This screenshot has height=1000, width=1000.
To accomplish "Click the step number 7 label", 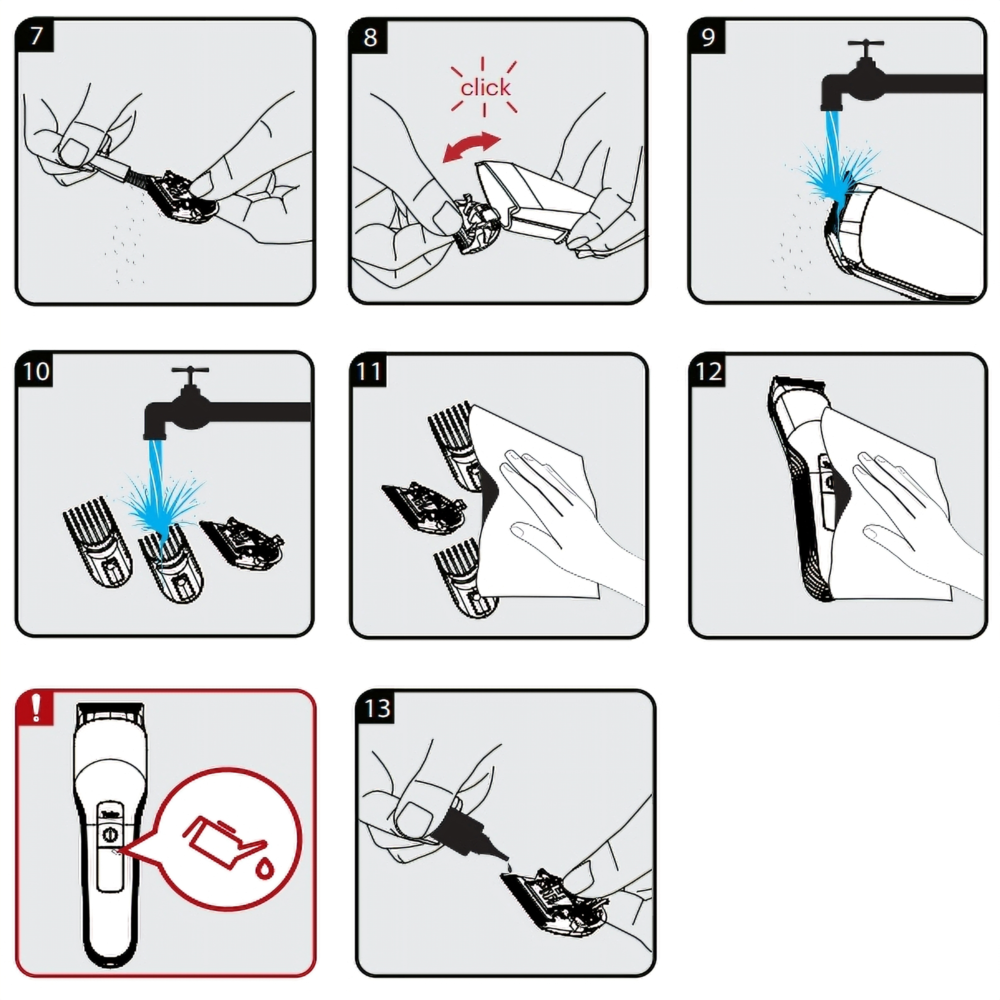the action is coord(35,36).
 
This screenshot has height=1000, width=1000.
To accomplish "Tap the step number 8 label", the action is coord(370,37).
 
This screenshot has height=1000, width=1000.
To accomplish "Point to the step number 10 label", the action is coord(36,371).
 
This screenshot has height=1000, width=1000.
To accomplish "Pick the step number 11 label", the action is coord(369,371).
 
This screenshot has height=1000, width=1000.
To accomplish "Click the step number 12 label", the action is coord(708,371).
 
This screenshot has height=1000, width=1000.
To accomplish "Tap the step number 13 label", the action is coord(377,708).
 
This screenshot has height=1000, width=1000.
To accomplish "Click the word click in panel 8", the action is coord(485,87).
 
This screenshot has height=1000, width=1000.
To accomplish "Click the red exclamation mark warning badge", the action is coord(35,708).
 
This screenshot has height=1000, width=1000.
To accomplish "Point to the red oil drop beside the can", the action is coord(265,868).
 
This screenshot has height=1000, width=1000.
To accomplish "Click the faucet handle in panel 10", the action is coord(190,373).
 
